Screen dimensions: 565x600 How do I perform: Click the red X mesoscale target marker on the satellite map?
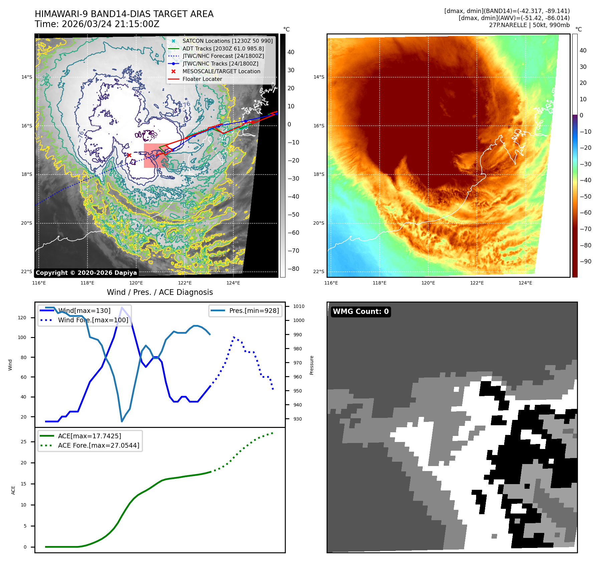point(129,155)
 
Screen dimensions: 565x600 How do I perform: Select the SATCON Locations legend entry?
point(227,41)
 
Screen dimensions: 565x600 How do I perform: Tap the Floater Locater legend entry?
point(202,79)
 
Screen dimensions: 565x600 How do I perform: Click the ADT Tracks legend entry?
point(223,48)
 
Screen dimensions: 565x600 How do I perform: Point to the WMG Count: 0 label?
point(361,312)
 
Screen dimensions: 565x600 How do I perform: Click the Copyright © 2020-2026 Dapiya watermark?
point(86,273)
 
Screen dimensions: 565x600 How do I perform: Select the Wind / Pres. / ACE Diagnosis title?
point(160,292)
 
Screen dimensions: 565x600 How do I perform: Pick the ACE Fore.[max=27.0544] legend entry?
point(98,445)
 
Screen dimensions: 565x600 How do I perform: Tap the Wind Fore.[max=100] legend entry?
point(93,320)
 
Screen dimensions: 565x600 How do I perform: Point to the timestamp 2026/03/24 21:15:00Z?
point(111,24)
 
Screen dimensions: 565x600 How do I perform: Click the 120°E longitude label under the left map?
point(136,283)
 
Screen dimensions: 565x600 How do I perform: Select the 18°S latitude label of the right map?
point(319,174)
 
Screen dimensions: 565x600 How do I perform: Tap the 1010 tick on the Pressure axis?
point(298,306)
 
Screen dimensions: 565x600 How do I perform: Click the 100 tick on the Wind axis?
point(22,337)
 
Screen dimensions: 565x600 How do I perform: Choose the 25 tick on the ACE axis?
point(23,442)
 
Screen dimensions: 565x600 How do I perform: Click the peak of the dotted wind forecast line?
point(234,337)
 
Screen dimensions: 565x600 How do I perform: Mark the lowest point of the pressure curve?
point(122,421)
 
